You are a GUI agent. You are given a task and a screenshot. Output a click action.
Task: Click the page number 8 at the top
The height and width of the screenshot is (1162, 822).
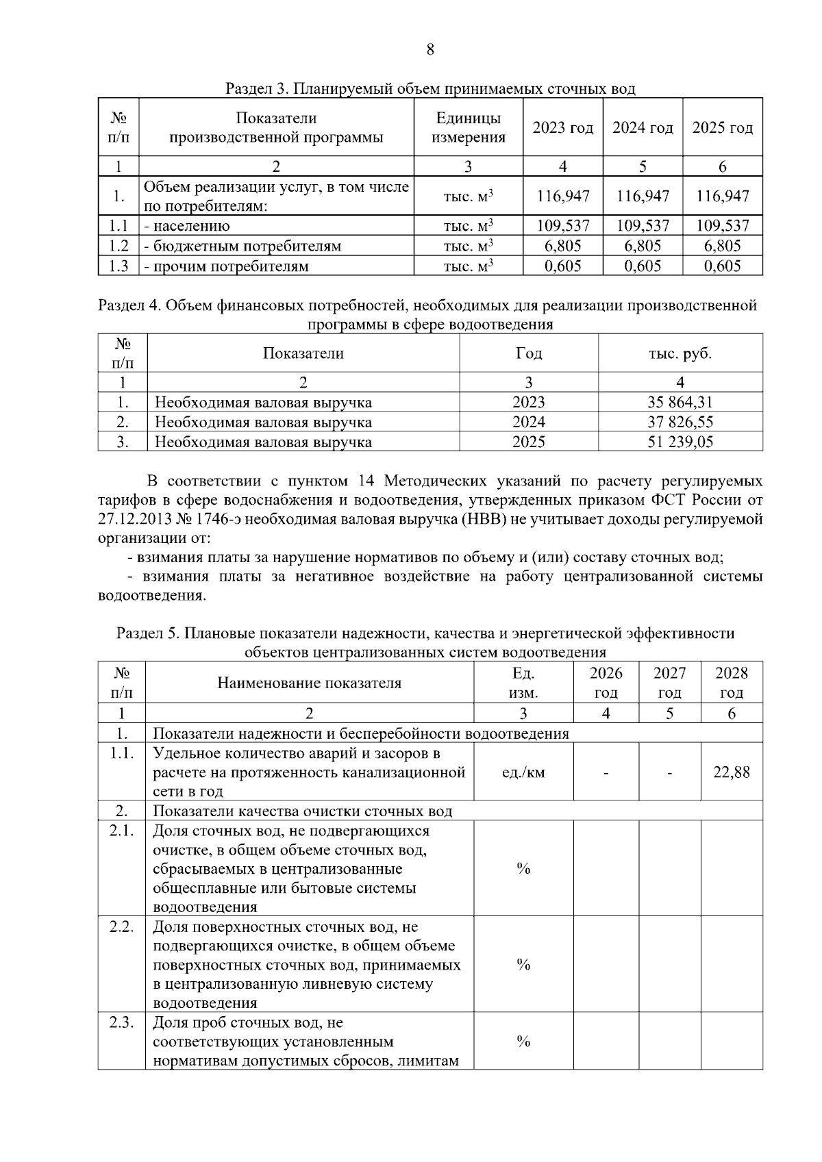[430, 49]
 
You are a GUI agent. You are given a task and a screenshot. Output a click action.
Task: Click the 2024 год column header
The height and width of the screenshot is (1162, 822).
[643, 128]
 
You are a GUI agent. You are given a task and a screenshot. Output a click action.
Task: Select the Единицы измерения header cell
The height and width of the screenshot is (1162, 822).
[469, 128]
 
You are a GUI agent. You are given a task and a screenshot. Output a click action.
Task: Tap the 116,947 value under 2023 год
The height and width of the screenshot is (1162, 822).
[563, 197]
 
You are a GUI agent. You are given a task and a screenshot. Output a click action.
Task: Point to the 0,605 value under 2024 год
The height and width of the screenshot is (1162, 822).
[643, 266]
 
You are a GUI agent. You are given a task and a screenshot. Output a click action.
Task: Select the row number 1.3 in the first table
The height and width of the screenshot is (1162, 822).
[119, 266]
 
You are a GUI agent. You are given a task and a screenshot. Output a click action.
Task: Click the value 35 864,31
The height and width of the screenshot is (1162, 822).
[680, 403]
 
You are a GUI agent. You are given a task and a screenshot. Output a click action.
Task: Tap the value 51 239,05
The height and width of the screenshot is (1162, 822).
[680, 442]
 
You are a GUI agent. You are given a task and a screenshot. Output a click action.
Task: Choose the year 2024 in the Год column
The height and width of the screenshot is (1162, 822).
[529, 422]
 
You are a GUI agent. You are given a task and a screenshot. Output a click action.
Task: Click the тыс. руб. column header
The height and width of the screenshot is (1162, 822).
[680, 354]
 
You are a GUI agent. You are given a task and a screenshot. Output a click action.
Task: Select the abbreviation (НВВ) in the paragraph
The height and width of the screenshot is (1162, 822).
[484, 520]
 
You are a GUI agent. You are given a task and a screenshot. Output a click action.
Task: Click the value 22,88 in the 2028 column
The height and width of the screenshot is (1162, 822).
[732, 773]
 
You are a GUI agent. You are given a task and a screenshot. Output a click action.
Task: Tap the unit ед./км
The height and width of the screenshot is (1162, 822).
[523, 773]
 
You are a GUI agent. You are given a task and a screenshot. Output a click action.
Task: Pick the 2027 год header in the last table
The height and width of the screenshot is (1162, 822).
[669, 683]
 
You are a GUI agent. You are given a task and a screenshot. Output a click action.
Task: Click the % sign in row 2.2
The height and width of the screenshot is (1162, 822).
[523, 965]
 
